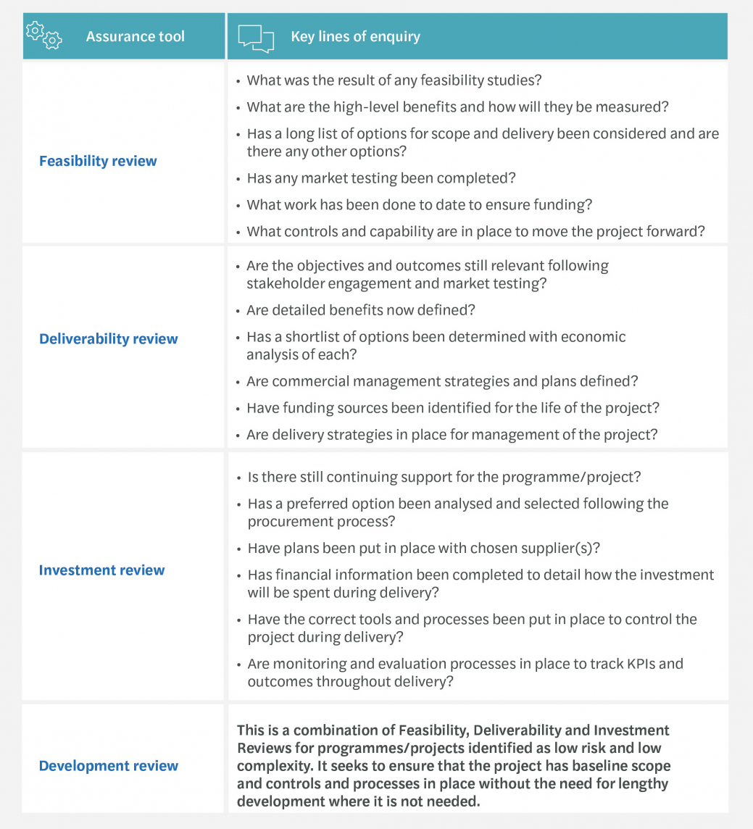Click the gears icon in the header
pos(43,35)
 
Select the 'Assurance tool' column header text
pos(135,36)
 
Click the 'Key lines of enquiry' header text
pos(355,36)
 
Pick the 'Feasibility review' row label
pos(98,161)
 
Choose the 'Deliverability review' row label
pos(108,338)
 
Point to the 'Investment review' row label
pos(101,570)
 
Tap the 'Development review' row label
pos(108,765)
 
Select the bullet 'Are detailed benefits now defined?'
pos(360,310)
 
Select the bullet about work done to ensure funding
pos(419,204)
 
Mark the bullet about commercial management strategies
pos(441,381)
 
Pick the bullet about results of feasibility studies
pos(394,80)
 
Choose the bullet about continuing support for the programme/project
pos(444,478)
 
